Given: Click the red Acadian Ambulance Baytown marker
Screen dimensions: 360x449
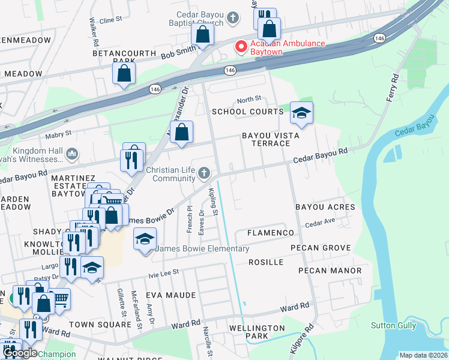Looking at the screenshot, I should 241,47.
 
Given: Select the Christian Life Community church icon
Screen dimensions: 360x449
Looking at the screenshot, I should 205,174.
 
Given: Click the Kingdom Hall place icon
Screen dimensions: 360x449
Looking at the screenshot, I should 72,154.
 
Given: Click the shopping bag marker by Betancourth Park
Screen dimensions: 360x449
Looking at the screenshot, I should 124,74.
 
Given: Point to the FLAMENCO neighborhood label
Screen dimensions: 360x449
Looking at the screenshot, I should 270,233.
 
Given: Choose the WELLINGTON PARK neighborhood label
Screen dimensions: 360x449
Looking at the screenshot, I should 257,332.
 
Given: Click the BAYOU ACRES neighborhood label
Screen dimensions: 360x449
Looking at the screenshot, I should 325,207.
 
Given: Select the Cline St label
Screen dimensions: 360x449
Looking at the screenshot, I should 110,20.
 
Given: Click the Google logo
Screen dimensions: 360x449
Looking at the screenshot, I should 19,353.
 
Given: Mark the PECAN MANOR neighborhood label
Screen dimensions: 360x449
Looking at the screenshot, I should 330,271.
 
